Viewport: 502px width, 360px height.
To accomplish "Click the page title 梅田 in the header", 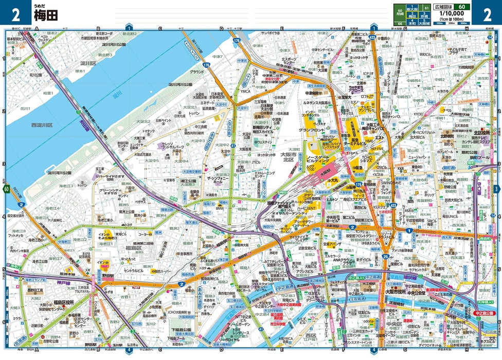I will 46,15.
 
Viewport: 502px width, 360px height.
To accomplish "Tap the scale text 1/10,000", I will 445,14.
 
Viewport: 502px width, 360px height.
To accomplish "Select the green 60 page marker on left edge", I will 6,189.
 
